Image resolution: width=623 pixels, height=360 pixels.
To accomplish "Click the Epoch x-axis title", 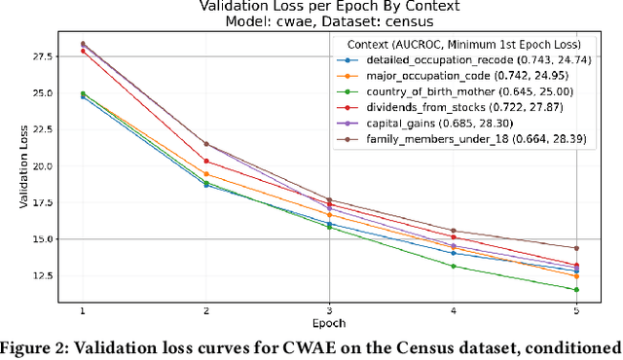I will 329,323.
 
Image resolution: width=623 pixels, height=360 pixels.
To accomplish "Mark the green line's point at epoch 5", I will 575,290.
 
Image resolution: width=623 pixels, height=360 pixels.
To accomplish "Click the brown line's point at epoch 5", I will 575,248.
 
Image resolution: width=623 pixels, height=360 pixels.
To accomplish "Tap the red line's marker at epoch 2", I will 205,161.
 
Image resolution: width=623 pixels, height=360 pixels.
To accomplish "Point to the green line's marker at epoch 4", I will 453,266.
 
